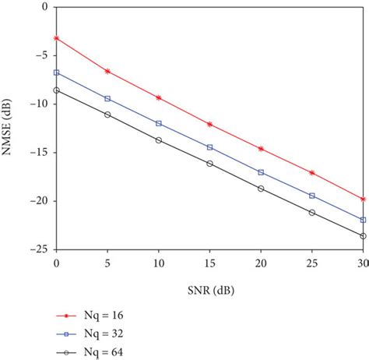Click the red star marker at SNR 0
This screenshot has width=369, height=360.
[x=56, y=37]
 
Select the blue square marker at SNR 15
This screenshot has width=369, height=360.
[x=209, y=147]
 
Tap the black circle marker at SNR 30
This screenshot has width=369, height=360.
[x=363, y=235]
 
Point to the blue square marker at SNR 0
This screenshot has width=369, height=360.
[x=56, y=72]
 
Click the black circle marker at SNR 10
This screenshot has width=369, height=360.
[x=159, y=140]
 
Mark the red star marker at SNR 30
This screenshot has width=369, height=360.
[x=363, y=199]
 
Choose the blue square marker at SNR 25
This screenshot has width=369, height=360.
[x=312, y=196]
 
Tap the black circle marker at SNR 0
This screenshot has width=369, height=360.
[x=56, y=90]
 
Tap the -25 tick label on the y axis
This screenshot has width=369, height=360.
[x=38, y=250]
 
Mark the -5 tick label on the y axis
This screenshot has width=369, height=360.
[x=40, y=55]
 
